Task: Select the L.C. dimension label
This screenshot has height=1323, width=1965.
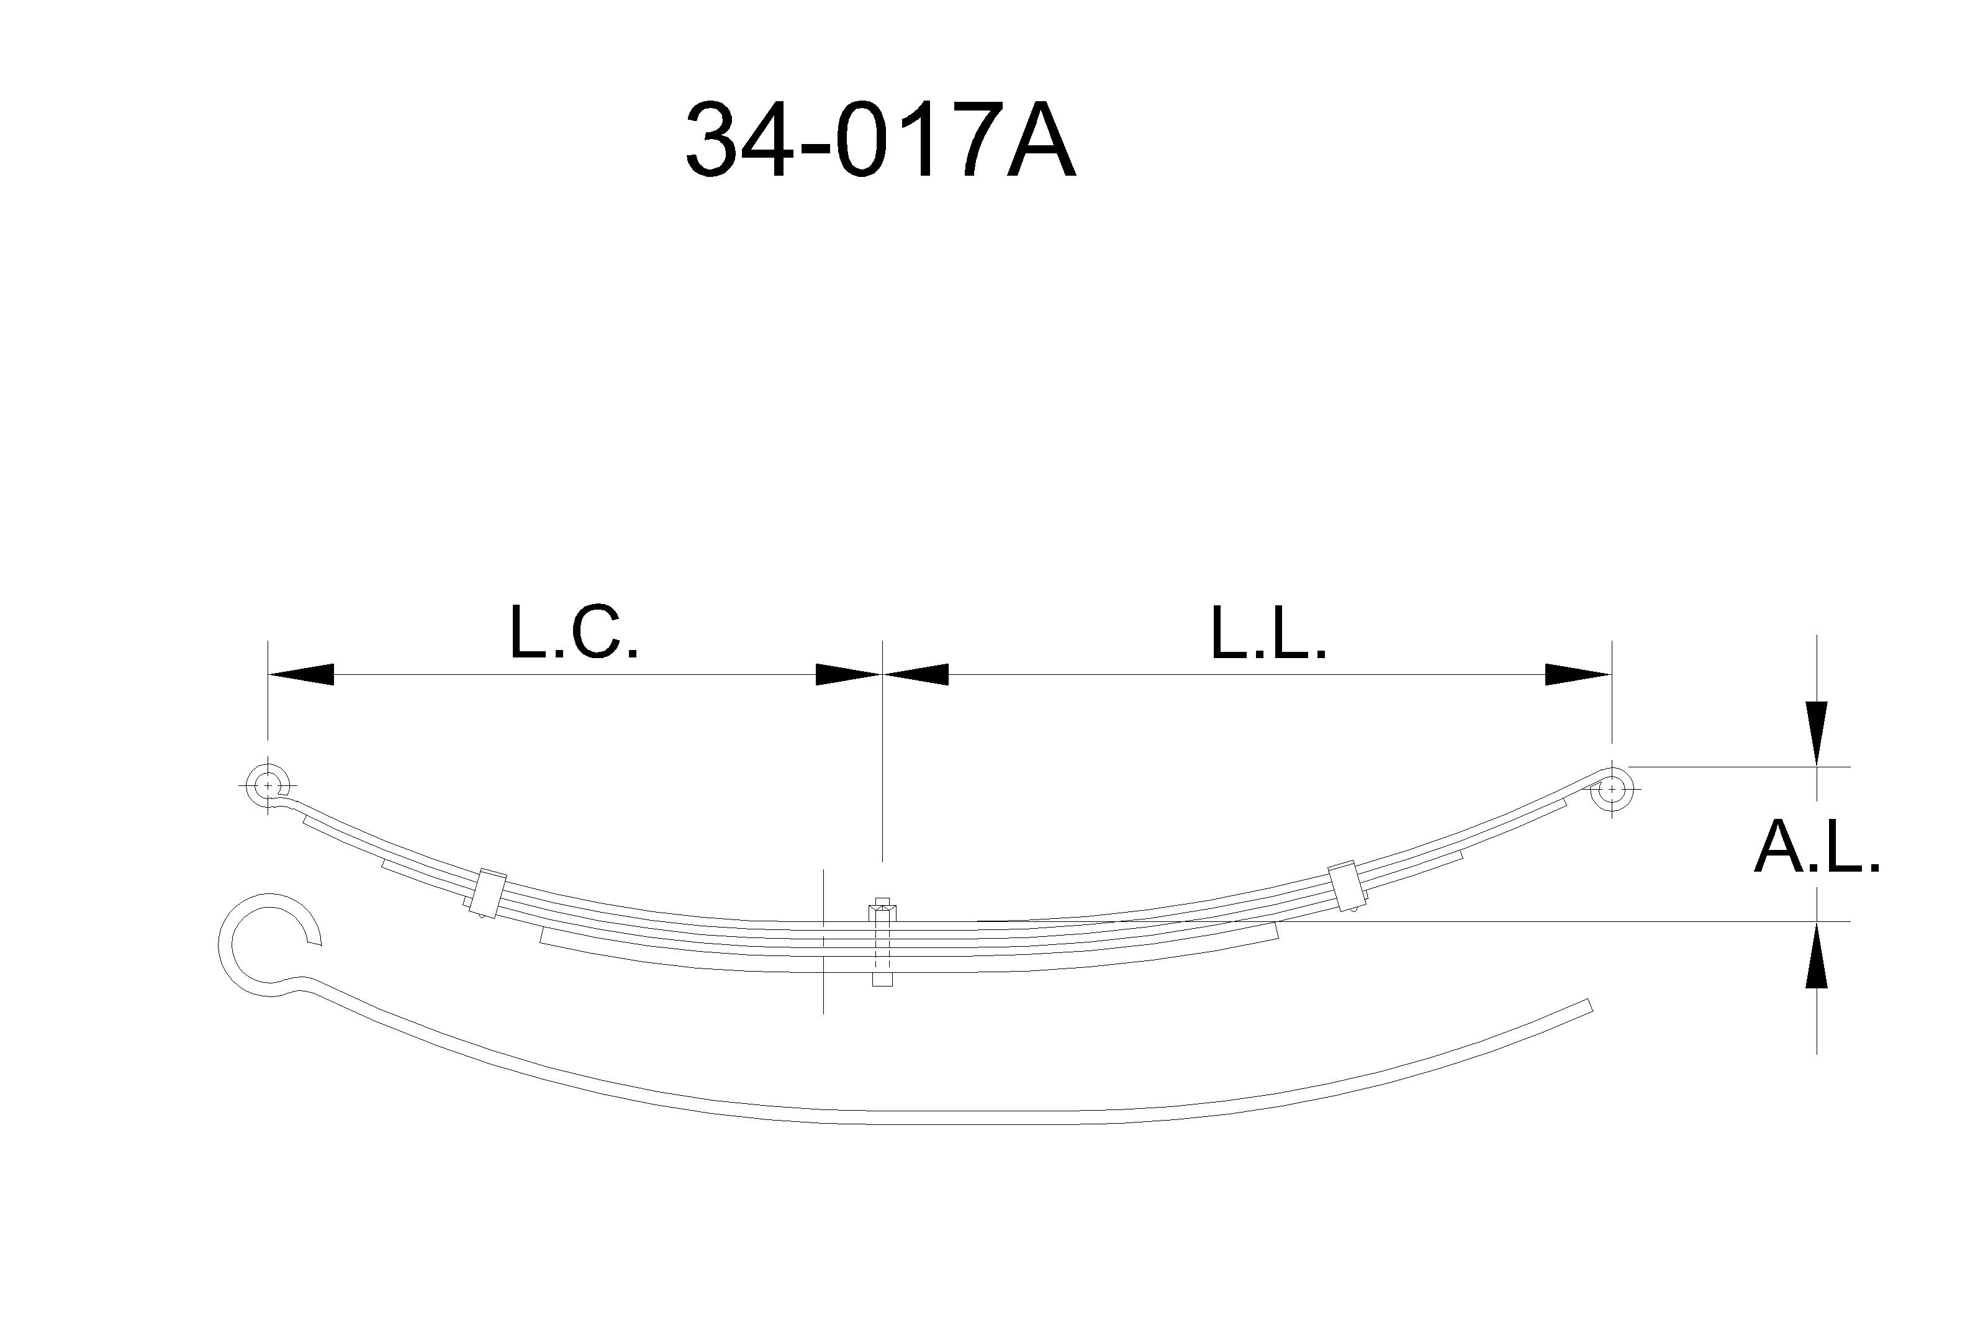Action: tap(574, 633)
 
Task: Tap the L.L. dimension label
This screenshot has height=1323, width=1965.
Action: tap(1269, 633)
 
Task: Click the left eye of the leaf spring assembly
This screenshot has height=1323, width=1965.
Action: tap(268, 785)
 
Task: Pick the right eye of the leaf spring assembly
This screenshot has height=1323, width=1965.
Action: tap(1612, 790)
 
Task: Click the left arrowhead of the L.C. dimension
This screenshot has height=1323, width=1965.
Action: tap(300, 674)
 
